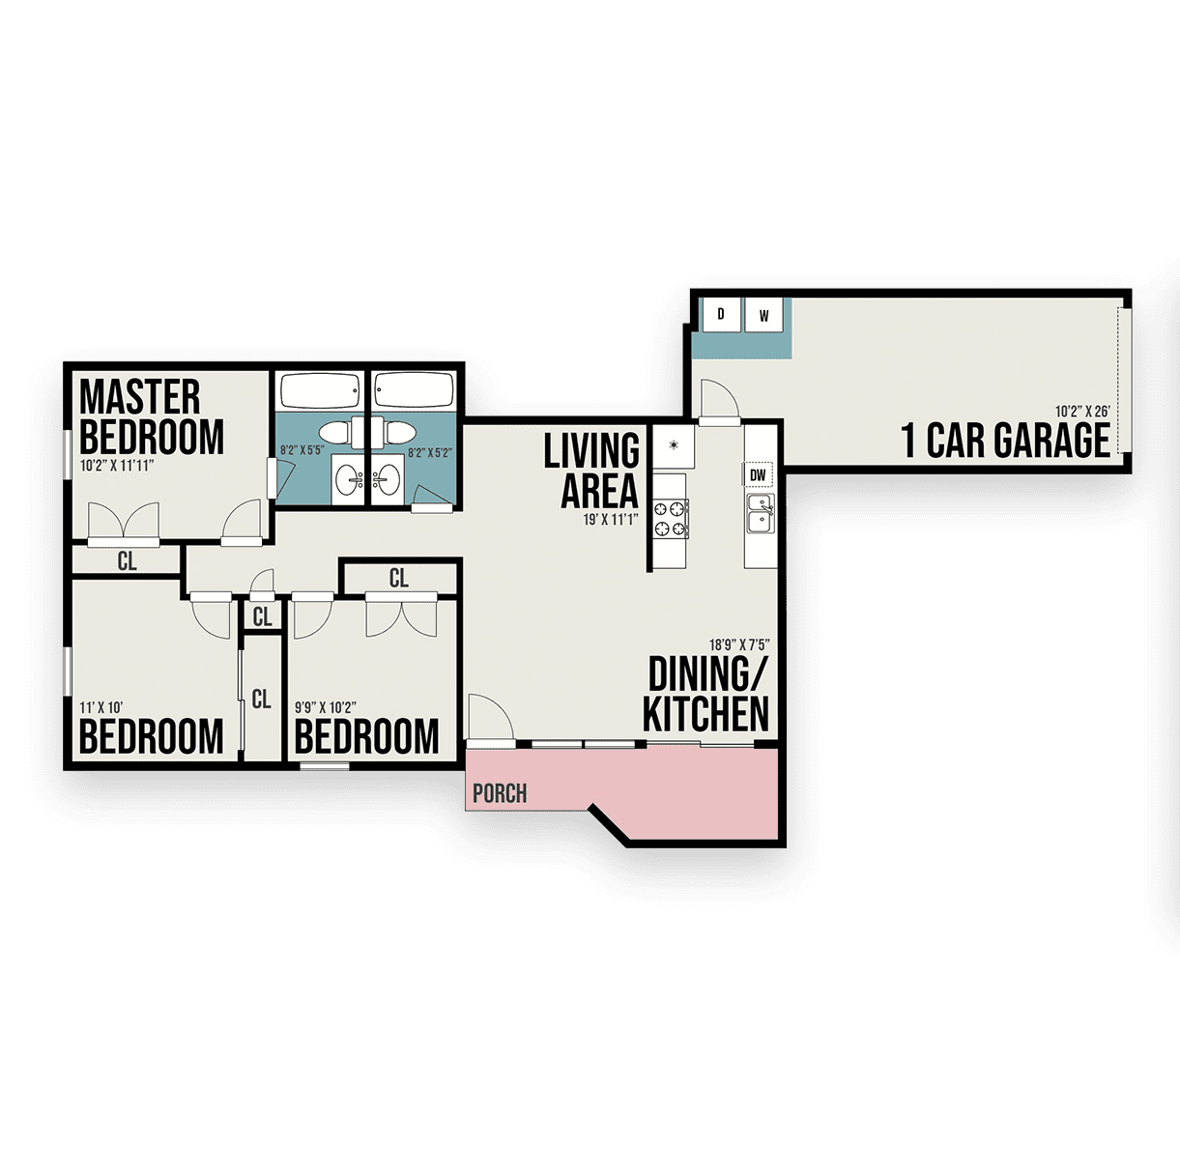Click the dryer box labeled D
point(721,315)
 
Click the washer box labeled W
point(763,315)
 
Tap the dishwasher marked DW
point(758,474)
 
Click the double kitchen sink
point(761,513)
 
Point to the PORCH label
point(500,793)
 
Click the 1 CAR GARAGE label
point(1005,441)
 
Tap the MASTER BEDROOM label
point(152,416)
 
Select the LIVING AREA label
point(591,470)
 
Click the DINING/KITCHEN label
point(706,694)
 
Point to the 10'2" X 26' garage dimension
point(1082,412)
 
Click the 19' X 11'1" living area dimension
point(611,520)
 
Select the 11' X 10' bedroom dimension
point(101,708)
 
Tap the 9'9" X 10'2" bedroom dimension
point(325,708)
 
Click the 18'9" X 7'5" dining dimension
point(739,644)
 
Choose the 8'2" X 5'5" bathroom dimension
point(302,450)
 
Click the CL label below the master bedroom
point(127,561)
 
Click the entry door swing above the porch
point(490,717)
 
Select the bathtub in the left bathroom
point(320,390)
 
